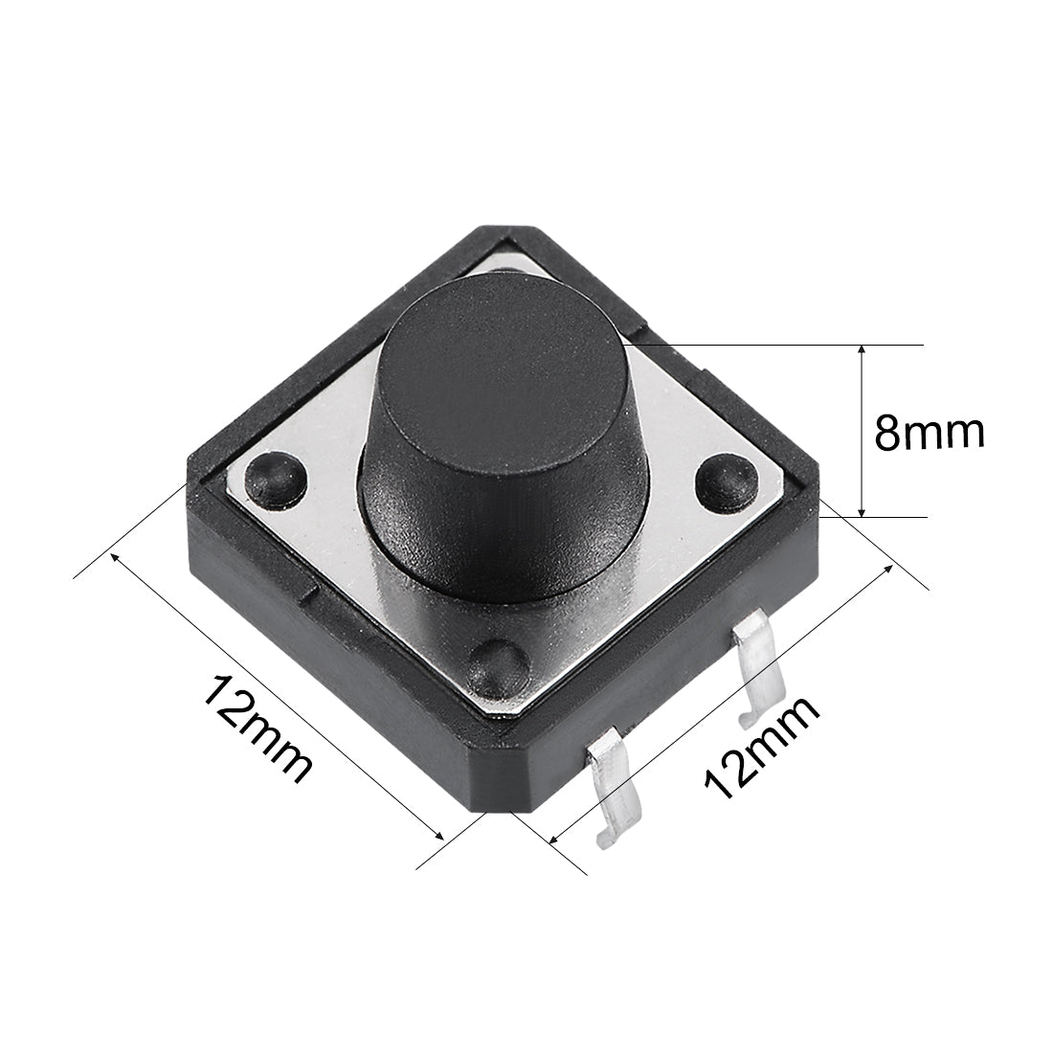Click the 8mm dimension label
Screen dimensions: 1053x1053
click(x=930, y=433)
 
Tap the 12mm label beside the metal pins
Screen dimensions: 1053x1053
click(x=761, y=747)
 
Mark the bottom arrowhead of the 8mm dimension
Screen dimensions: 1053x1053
click(x=863, y=509)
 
